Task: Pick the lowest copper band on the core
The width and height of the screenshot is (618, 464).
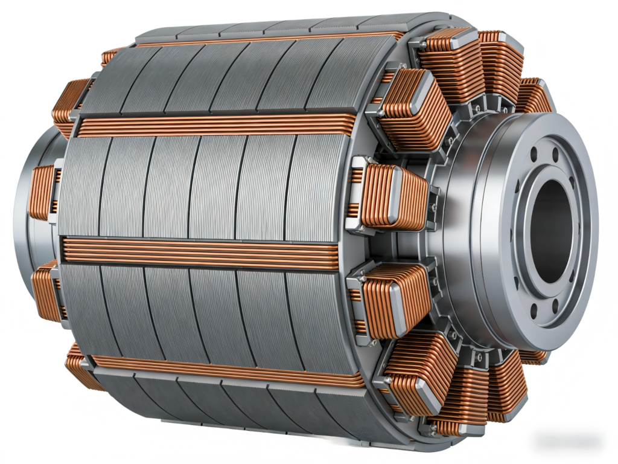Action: (229, 370)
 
